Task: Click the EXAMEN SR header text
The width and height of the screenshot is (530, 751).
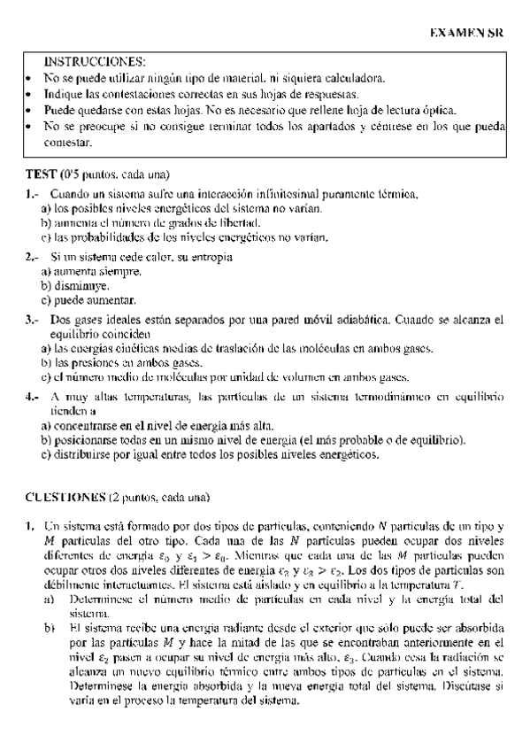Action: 466,32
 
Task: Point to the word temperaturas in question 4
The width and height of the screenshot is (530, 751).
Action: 156,396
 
